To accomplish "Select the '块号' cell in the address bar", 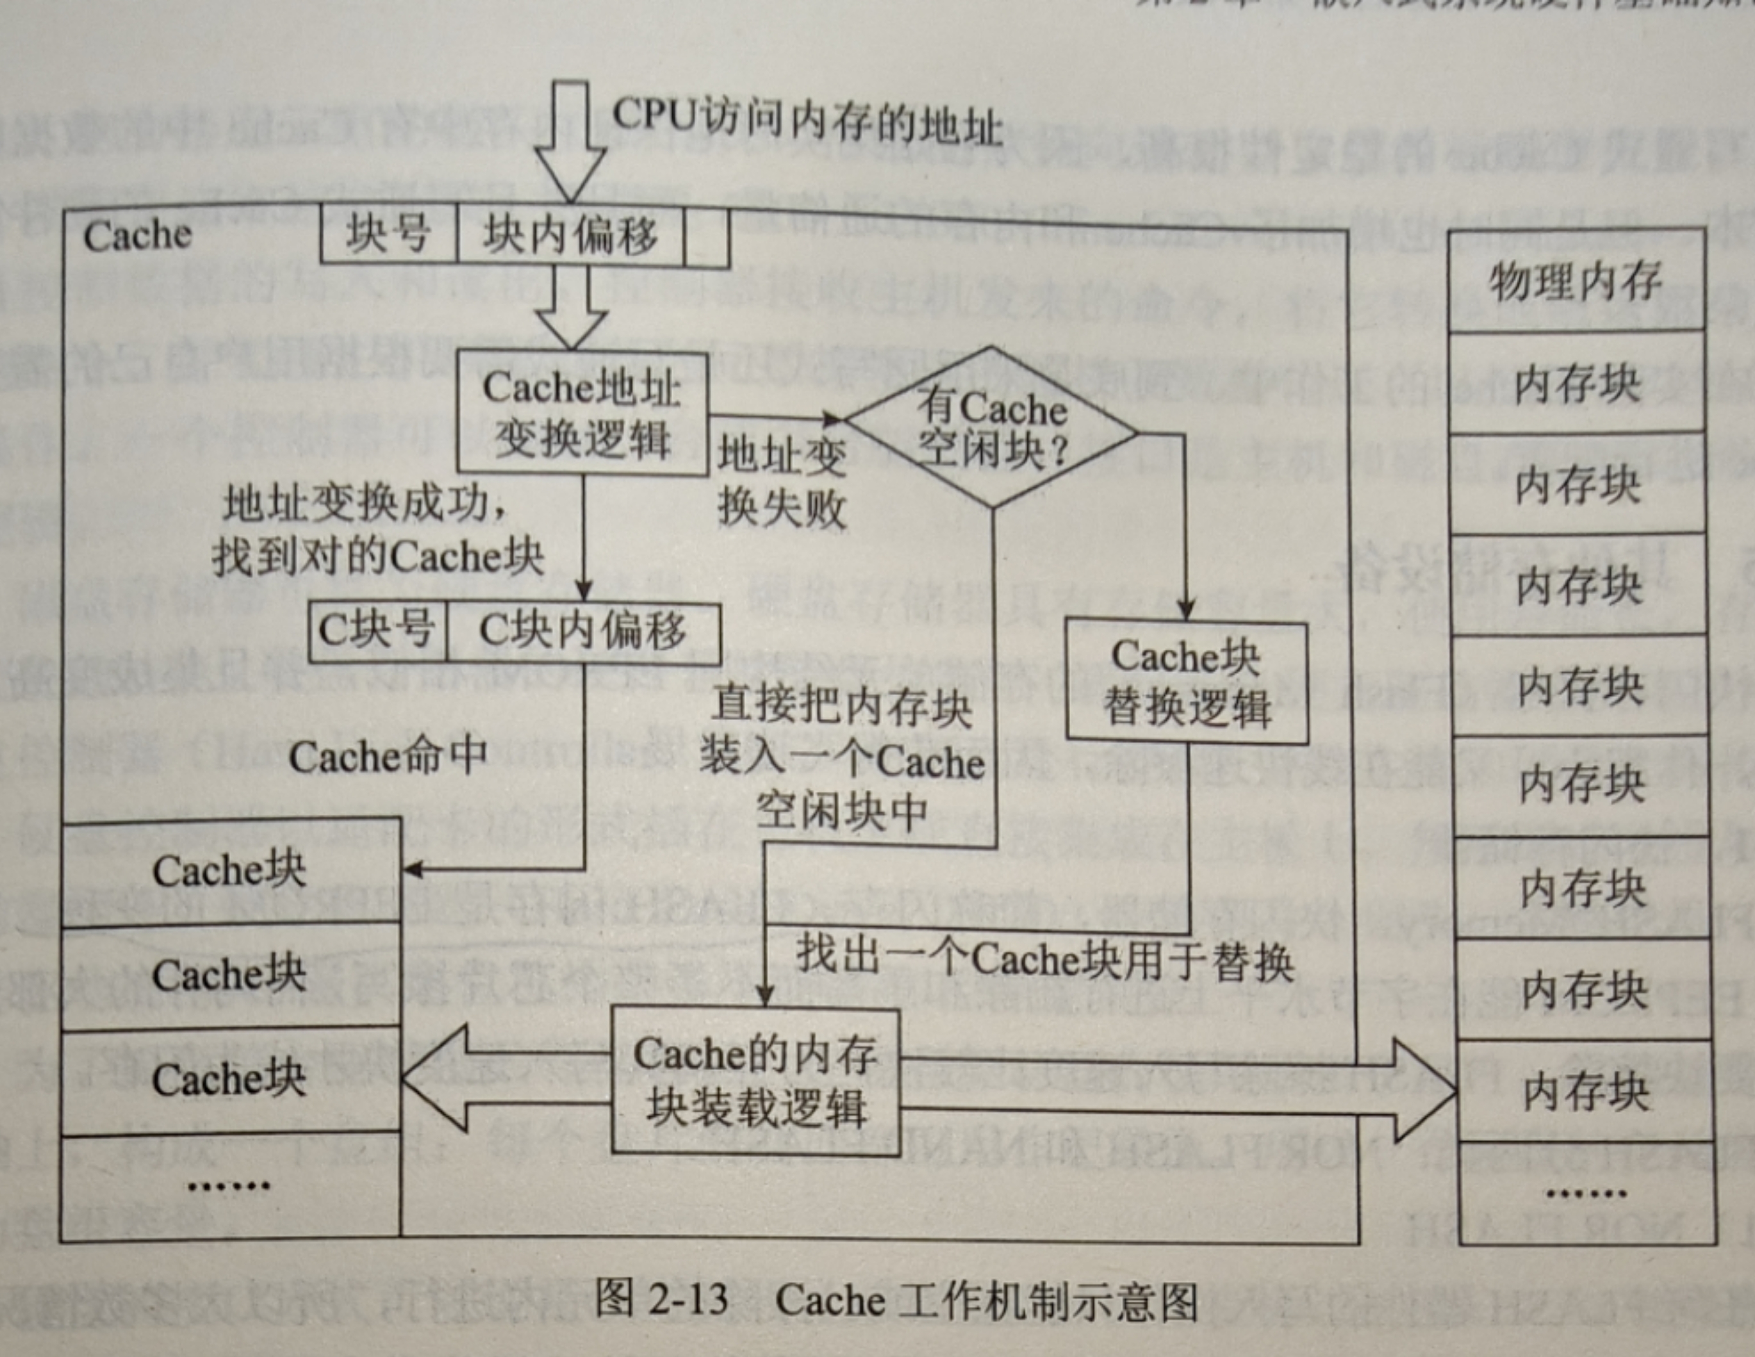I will click(388, 234).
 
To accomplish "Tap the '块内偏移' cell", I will click(570, 234).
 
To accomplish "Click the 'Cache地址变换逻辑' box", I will click(582, 412).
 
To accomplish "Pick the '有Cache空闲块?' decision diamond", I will click(993, 427).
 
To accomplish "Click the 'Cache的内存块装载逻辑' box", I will click(755, 1081).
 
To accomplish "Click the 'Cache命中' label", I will click(388, 756).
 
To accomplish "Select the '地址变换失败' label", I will click(781, 481).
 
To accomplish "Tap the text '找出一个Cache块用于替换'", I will click(1044, 958).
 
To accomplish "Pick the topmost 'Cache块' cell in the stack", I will click(230, 871).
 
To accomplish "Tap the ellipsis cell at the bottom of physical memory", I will click(1585, 1193).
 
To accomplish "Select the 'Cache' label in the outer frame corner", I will click(137, 235).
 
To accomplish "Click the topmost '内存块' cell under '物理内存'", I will click(1577, 383).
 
